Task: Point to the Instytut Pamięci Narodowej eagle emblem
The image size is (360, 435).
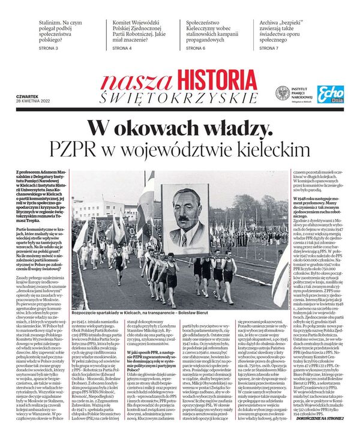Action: click(x=282, y=94)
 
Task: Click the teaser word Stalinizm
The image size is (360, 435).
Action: click(x=53, y=20)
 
